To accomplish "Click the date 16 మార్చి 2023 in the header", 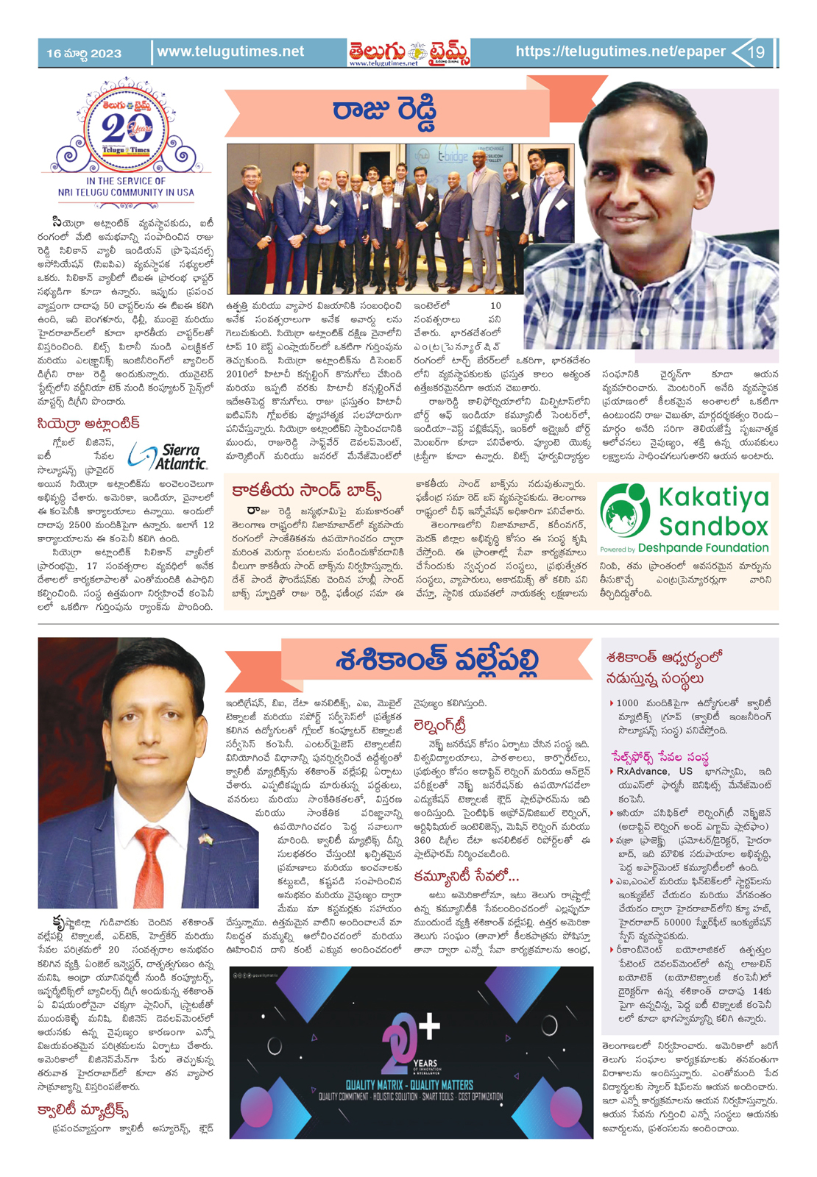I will (84, 53).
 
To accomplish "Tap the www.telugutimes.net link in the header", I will (230, 51).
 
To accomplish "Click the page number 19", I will (757, 52).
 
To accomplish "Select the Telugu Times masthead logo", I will (409, 52).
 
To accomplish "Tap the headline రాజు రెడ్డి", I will (384, 110).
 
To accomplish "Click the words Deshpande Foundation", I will (703, 548).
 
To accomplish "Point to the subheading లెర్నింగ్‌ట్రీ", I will (440, 725).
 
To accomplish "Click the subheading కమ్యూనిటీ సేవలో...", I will (466, 876).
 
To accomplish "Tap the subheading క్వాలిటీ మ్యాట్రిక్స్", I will (83, 1109).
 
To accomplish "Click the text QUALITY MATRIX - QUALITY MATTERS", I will (409, 1084).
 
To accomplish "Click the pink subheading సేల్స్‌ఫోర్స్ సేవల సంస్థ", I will (659, 756).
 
